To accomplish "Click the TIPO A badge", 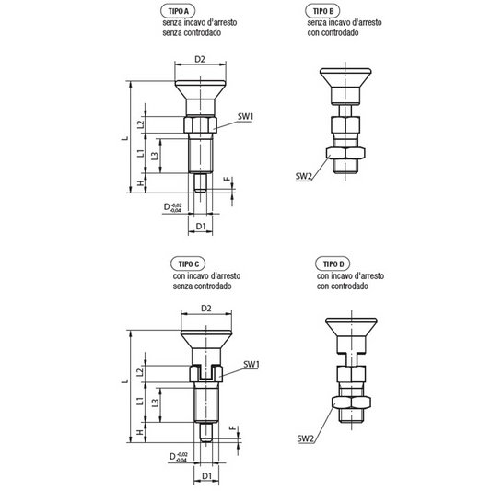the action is pos(178,11).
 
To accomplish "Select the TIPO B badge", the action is pos(322,11).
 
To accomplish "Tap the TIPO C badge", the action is pos(188,264).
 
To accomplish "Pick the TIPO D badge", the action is pos(333,264).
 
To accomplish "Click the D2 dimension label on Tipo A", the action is pos(200,59).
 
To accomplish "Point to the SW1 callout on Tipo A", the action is pos(245,116).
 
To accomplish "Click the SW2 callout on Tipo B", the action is pos(303,177).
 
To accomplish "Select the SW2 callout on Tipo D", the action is pos(305,438).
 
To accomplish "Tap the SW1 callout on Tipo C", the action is pos(251,365).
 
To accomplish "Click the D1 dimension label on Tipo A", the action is pos(201,226).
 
